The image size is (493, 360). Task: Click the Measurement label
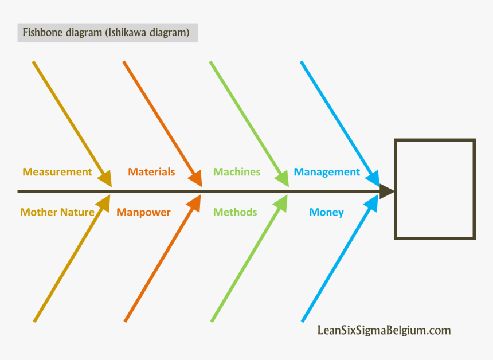[x=57, y=172]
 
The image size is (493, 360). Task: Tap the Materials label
[x=151, y=172]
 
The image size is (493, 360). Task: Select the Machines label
[x=237, y=172]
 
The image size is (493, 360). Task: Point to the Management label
[x=327, y=172]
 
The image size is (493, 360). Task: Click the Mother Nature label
[x=57, y=212]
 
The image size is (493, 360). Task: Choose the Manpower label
[x=143, y=212]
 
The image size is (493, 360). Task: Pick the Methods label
[x=235, y=212]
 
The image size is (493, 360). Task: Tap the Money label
[x=326, y=212]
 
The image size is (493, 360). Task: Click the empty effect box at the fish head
[x=435, y=189]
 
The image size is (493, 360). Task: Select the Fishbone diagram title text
[x=106, y=33]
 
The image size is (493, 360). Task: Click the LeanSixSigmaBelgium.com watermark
[x=384, y=330]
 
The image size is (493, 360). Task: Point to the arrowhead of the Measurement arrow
[x=105, y=178]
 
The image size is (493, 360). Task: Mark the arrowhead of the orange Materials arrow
[x=196, y=178]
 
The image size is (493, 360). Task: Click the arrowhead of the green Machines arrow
[x=282, y=178]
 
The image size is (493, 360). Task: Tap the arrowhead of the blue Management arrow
[x=373, y=178]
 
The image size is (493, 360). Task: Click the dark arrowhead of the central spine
[x=387, y=191]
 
